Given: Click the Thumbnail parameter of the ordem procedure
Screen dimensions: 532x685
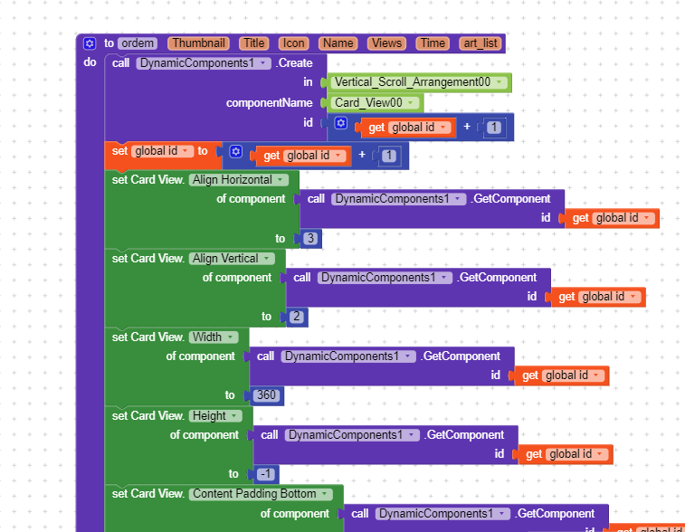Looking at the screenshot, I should click(x=198, y=43).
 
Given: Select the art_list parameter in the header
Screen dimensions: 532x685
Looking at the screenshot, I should click(x=480, y=43).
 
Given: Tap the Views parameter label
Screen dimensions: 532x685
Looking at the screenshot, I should click(x=387, y=43).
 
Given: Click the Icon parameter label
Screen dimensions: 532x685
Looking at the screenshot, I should click(x=293, y=43).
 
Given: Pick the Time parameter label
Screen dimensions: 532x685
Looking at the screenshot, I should click(x=433, y=43).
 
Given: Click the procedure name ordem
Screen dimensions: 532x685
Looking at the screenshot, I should click(x=138, y=43).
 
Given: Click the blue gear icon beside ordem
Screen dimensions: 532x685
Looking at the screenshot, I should click(x=90, y=43).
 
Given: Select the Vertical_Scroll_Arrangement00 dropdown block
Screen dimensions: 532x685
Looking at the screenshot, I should click(x=417, y=82).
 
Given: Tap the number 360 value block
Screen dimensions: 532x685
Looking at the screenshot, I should click(x=266, y=395).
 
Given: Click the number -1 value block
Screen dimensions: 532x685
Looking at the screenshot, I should click(x=266, y=474).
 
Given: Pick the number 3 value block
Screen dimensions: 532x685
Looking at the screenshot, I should click(x=310, y=239).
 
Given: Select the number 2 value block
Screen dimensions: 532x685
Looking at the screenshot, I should click(x=297, y=317).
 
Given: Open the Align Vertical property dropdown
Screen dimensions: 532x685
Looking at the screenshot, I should click(x=232, y=259).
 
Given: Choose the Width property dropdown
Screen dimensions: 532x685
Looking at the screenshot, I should click(x=213, y=337).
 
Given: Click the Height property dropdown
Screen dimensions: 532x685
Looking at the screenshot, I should click(x=215, y=416).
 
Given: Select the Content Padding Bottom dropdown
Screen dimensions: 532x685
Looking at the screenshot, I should click(x=260, y=494).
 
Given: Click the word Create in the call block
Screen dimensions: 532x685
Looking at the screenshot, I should click(x=295, y=63).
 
